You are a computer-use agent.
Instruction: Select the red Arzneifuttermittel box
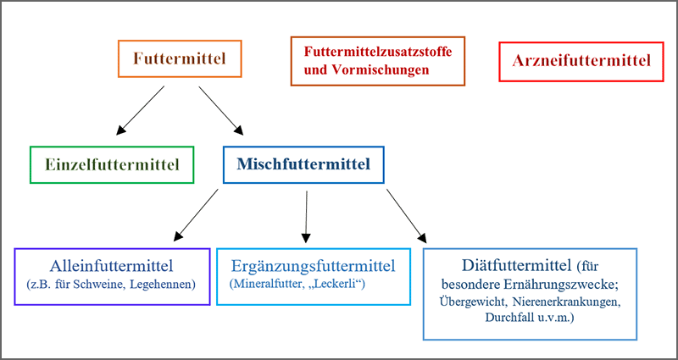[581, 60]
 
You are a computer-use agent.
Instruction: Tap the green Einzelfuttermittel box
[112, 164]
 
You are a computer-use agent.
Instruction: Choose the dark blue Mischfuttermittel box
[303, 164]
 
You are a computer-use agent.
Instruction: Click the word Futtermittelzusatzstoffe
[377, 52]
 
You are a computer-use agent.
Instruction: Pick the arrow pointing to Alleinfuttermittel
[196, 213]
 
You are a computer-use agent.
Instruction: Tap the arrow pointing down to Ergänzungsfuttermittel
[306, 213]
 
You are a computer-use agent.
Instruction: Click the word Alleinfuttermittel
[112, 265]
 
